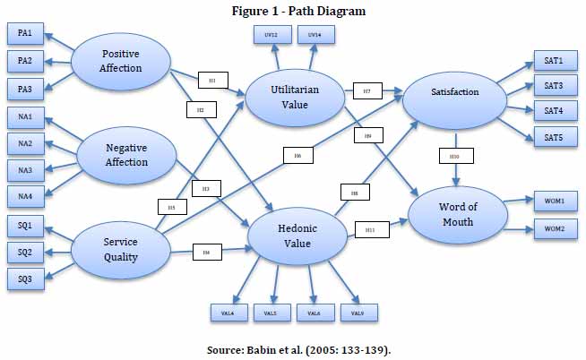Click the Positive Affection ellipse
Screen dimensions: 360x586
click(x=120, y=61)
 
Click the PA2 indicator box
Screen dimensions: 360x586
click(x=25, y=62)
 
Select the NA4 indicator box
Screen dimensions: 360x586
click(x=25, y=193)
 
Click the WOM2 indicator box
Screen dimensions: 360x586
click(x=548, y=230)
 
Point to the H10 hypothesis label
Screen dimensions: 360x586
click(x=454, y=158)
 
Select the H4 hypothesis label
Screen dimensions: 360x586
click(x=207, y=253)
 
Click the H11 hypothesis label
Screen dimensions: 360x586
click(x=370, y=228)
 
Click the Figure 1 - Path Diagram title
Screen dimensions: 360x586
click(x=294, y=11)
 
